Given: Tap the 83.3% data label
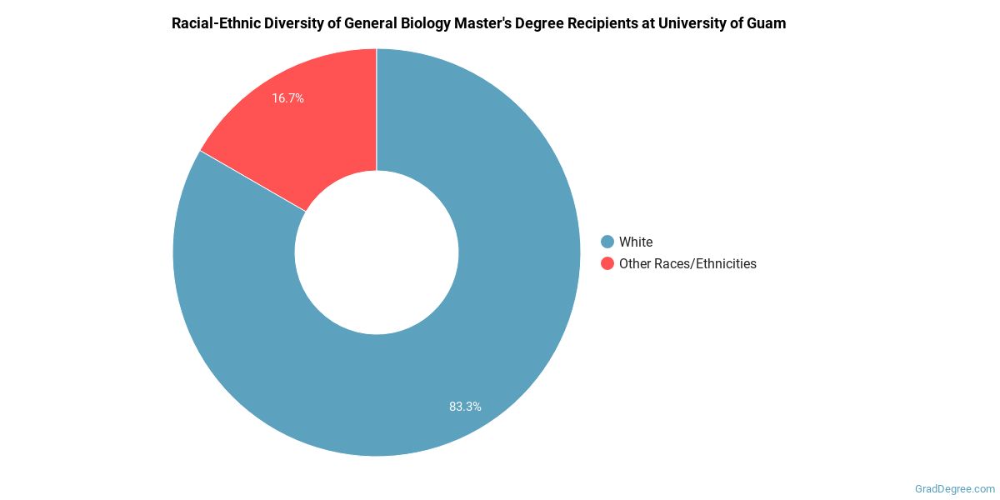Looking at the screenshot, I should [465, 407].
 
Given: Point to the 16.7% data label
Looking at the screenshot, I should [287, 98].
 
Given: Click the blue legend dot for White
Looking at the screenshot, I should [607, 242].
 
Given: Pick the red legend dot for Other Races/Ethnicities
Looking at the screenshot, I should [607, 263].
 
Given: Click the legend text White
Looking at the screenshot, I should [636, 242].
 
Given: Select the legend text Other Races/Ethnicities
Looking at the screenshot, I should [687, 263].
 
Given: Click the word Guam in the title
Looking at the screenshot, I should [767, 23].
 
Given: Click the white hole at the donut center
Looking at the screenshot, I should [377, 252].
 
